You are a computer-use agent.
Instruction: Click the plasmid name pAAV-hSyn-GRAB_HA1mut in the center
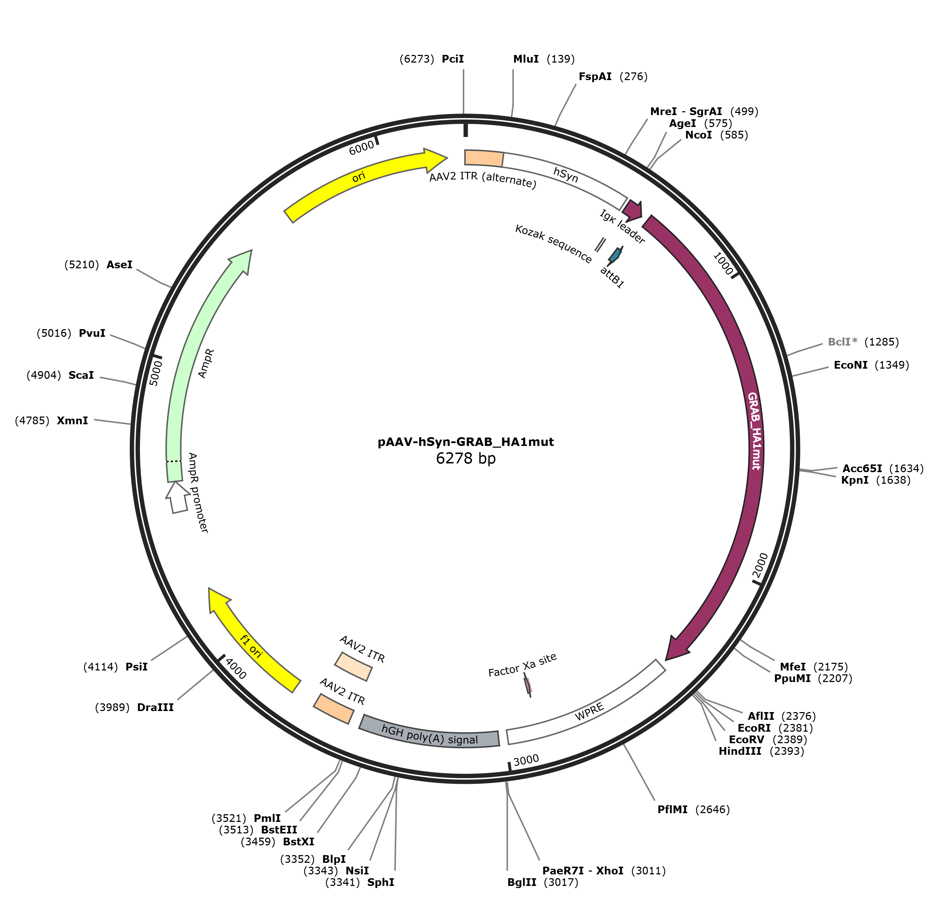click(465, 442)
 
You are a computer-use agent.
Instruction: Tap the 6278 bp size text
click(465, 459)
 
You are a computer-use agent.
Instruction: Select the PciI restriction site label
click(453, 59)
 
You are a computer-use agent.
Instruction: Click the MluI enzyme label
click(526, 59)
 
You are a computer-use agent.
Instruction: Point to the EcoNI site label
click(850, 365)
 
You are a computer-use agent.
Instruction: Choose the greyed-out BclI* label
click(842, 342)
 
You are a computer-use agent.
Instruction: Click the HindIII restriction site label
click(740, 751)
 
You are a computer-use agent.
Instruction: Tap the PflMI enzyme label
click(672, 809)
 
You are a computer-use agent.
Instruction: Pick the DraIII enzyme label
click(155, 707)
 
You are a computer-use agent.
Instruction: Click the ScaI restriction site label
click(81, 375)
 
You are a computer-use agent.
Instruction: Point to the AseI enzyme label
click(119, 265)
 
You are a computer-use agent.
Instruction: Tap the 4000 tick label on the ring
click(235, 668)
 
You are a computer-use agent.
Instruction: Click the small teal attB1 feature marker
click(614, 255)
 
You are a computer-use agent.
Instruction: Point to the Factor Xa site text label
click(522, 665)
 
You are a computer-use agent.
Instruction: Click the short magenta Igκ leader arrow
click(633, 209)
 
